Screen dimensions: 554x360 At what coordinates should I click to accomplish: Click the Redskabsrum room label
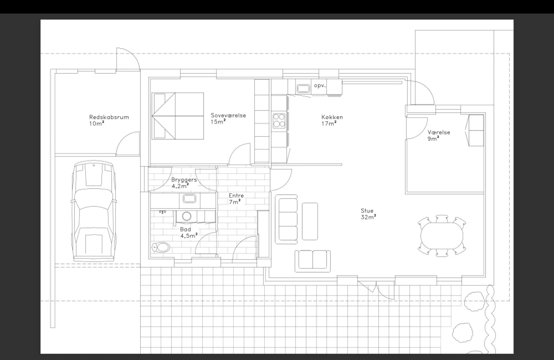(109, 117)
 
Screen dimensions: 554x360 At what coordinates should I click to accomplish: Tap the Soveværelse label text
(228, 115)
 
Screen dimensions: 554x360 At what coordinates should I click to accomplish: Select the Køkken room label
(332, 117)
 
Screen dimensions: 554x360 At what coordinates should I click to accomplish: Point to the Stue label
(367, 211)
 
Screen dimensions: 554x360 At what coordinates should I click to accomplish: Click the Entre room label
(236, 195)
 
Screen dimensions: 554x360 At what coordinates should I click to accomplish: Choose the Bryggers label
(184, 180)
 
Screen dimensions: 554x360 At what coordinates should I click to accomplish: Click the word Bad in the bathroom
(186, 229)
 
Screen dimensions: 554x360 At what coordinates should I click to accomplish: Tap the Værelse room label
(439, 132)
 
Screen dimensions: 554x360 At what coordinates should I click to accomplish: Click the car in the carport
(94, 211)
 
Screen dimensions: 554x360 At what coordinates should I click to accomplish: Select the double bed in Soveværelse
(178, 116)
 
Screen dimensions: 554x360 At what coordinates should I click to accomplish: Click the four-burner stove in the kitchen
(279, 121)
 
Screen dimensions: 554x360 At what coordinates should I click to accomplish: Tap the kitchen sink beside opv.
(303, 88)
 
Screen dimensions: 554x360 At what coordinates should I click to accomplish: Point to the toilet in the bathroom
(161, 247)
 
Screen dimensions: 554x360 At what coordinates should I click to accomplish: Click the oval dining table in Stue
(442, 236)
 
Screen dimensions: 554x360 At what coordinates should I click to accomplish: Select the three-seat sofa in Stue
(286, 219)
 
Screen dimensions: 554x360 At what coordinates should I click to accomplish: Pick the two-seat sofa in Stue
(313, 261)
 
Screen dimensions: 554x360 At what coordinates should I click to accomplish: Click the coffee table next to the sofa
(310, 221)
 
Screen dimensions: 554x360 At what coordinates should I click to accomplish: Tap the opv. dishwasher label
(320, 86)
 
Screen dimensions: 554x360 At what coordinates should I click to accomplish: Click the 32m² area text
(368, 217)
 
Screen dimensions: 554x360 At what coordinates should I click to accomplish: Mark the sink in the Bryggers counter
(189, 198)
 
